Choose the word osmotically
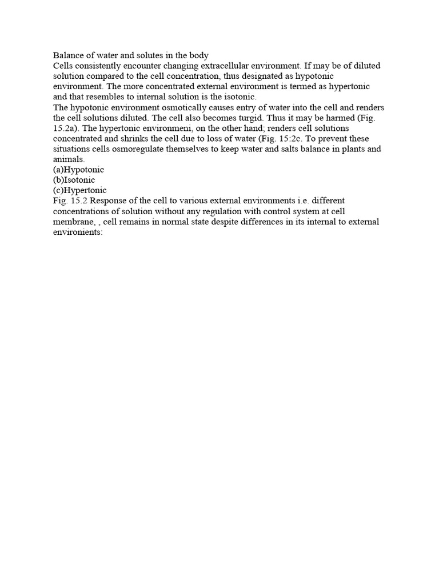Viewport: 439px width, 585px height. pyautogui.click(x=166, y=107)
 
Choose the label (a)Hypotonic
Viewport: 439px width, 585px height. pyautogui.click(x=79, y=170)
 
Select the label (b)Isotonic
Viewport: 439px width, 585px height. pyautogui.click(x=74, y=180)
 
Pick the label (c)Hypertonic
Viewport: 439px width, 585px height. pyautogui.click(x=80, y=190)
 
